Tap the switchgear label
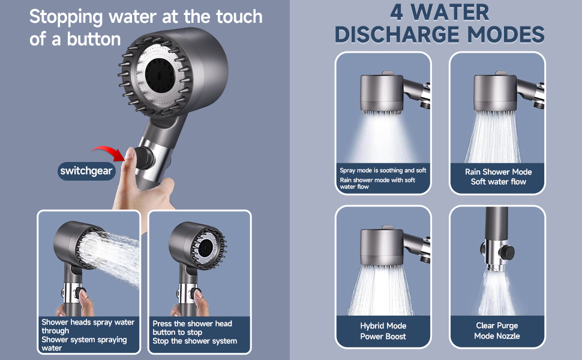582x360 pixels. tap(86, 171)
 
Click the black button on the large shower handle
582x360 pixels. tap(143, 158)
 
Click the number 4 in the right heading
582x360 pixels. tap(397, 12)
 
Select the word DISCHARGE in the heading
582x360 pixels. tap(398, 35)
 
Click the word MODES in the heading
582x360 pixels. tap(506, 35)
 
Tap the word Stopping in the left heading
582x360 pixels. tap(66, 17)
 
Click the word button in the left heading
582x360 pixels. tap(94, 39)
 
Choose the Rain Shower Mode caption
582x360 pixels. tap(498, 176)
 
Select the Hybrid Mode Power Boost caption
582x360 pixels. tap(383, 331)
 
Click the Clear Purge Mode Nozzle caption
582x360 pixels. tap(497, 331)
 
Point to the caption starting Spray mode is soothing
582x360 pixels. tap(383, 178)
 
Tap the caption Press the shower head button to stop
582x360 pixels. tap(194, 332)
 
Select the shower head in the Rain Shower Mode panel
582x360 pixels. tap(496, 93)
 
